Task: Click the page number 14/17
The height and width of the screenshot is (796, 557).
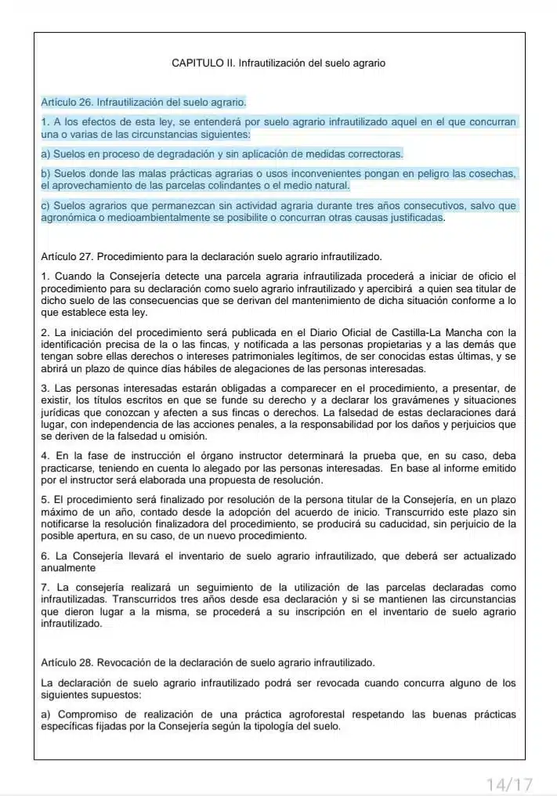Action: [509, 783]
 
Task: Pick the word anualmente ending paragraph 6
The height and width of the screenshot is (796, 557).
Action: [68, 568]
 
